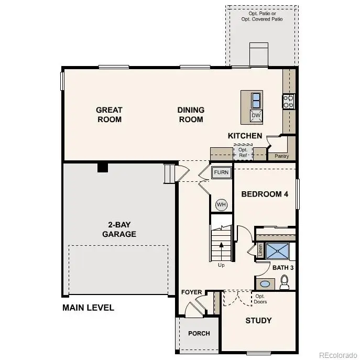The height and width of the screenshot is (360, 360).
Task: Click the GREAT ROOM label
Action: point(109,115)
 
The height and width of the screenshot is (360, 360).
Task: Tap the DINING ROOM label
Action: point(191,115)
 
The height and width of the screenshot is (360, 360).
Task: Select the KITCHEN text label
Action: point(245,136)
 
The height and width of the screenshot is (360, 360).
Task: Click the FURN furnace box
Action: point(221,172)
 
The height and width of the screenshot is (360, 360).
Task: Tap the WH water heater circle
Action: point(221,204)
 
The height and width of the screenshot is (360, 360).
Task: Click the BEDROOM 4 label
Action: point(265,194)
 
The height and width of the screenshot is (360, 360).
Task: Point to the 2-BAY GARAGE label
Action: point(119,230)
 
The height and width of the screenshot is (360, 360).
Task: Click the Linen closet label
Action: point(260,251)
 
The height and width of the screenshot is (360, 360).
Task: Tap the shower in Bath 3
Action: point(277,251)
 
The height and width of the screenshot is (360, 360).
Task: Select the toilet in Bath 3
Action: point(285,283)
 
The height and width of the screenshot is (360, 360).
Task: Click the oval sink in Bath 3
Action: point(265,284)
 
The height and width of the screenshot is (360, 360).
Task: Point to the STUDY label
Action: point(259,321)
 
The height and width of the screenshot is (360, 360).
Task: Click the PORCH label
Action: point(199,333)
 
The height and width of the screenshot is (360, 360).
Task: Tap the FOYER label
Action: point(192,292)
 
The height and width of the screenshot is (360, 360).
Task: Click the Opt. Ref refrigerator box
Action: point(243,152)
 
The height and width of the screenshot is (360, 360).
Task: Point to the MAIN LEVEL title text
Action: point(88,308)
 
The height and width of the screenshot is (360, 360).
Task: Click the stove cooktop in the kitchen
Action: point(289,101)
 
